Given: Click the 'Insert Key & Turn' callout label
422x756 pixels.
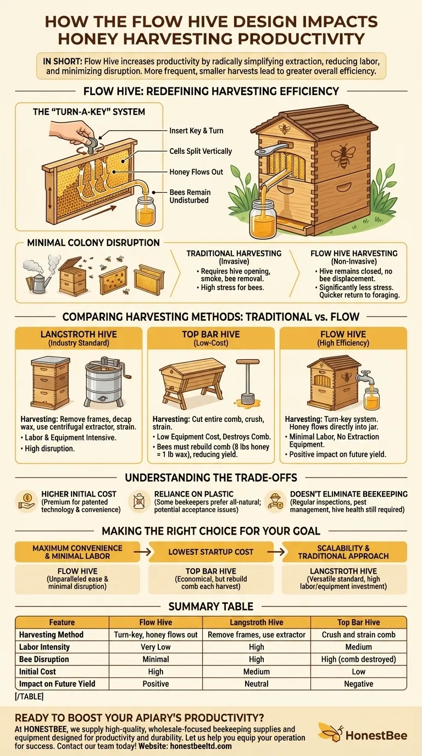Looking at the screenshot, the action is (196, 131).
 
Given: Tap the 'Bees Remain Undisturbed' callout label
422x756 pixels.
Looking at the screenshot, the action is (190, 196).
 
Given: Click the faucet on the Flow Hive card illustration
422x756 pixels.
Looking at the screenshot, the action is (367, 377).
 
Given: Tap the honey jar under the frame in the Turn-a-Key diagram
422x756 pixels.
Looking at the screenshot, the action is (146, 212).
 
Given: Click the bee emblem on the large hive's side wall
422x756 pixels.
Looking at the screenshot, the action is (343, 156).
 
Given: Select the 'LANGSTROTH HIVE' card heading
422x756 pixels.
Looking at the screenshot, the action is (79, 334).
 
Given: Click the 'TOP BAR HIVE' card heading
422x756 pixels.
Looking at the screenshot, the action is (211, 334).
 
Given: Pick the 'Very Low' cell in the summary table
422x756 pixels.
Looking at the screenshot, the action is (156, 647).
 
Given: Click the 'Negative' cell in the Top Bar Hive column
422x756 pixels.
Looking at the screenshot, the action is (358, 684).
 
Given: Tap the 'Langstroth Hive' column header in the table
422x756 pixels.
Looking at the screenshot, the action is (257, 622).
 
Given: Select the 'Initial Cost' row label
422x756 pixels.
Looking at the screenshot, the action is (37, 671).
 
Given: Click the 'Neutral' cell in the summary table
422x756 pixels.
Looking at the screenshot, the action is (257, 684).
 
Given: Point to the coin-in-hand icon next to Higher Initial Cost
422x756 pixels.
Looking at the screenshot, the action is (27, 501).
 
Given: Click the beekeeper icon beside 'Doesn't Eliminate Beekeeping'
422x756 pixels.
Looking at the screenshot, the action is (275, 502).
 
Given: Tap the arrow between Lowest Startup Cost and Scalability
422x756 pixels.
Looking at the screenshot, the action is (277, 552).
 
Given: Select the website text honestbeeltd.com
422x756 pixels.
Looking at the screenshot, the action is (201, 746).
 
